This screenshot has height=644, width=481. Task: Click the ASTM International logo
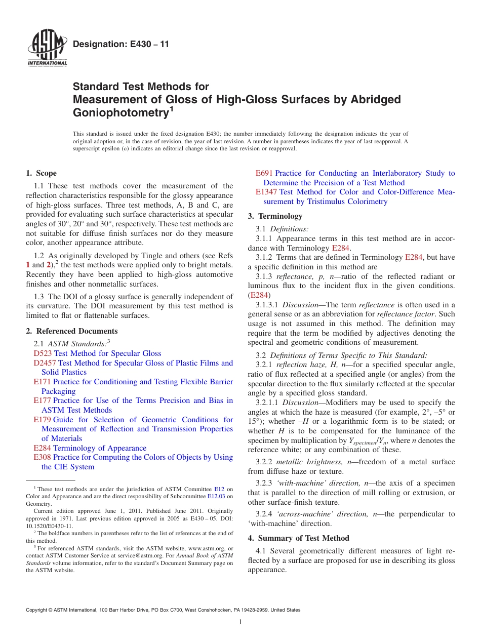tap(47, 49)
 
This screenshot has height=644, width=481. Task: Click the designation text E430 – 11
tap(121, 45)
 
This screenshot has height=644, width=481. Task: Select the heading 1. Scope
tap(41, 173)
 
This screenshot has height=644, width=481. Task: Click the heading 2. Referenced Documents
tap(71, 331)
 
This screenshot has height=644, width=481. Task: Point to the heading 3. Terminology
tap(275, 216)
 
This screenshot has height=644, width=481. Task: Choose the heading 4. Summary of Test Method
tap(298, 538)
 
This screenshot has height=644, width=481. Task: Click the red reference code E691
tap(264, 173)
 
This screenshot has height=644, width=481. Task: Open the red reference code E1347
tap(266, 192)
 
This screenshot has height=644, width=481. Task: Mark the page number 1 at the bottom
tap(240, 622)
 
